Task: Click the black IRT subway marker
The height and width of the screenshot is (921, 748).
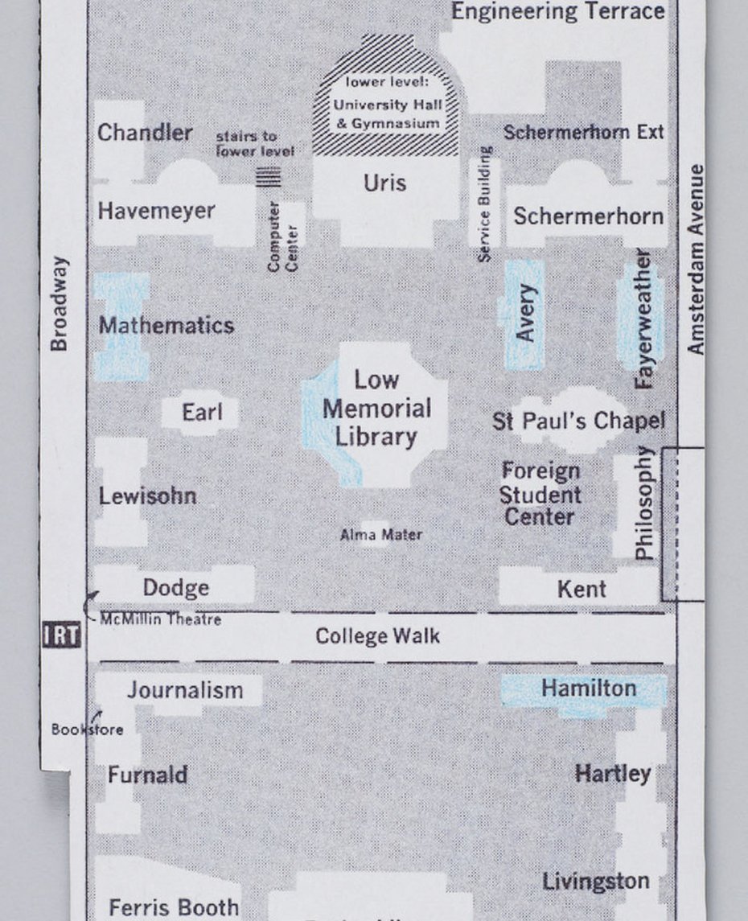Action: [x=62, y=635]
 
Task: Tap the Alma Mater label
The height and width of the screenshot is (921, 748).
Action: [x=380, y=534]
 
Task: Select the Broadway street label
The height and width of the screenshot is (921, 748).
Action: [x=59, y=303]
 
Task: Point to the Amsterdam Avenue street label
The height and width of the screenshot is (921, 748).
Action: [x=697, y=259]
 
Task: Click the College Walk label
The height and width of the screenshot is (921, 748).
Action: [x=377, y=636]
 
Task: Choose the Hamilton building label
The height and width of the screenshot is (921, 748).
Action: [x=589, y=689]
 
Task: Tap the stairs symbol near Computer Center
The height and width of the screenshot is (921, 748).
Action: [x=269, y=176]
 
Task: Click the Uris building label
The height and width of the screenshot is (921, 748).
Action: [x=384, y=183]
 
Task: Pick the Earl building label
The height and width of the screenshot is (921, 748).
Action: [x=201, y=413]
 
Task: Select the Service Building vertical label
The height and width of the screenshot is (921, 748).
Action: [x=485, y=204]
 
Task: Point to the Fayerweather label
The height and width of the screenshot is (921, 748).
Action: [x=643, y=319]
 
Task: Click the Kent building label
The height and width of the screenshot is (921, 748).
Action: [x=582, y=589]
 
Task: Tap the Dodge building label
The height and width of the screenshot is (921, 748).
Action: [x=175, y=588]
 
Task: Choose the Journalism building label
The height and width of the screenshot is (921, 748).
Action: [x=185, y=690]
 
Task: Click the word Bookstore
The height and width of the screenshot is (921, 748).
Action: [x=88, y=730]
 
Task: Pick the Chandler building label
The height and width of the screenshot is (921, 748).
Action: [x=145, y=133]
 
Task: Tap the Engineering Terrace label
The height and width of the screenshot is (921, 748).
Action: [x=557, y=11]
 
